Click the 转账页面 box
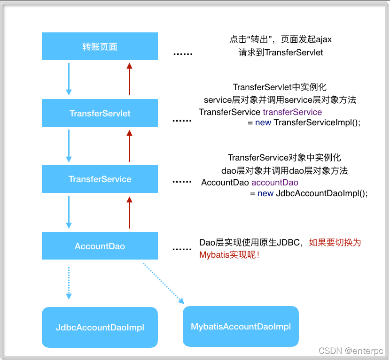pos(100,46)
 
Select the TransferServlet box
pos(100,113)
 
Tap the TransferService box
pos(100,179)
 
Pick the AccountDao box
pos(100,246)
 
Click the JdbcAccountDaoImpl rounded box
pos(100,328)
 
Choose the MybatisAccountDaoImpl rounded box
pos(241,326)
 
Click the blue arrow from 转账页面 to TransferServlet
pos(69,78)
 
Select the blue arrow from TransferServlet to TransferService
pos(69,145)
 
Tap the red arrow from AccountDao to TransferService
pos(130,213)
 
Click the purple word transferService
pos(292,112)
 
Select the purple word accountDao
pos(275,183)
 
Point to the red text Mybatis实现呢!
pos(230,255)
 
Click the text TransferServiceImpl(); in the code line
pos(317,123)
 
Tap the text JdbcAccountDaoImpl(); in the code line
pos(321,193)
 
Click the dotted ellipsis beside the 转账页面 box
pos(183,54)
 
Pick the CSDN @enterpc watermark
pos(351,351)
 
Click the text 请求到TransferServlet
pos(281,53)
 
